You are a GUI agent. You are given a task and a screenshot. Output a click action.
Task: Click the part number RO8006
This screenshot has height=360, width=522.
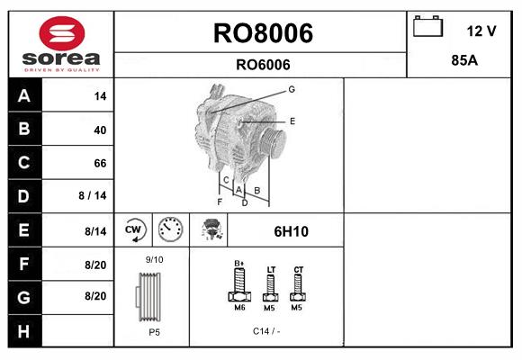(x=262, y=33)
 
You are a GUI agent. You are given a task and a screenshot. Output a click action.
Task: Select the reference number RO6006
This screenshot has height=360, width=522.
(x=262, y=64)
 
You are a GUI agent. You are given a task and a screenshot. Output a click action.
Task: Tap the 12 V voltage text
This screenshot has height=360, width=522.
(x=481, y=31)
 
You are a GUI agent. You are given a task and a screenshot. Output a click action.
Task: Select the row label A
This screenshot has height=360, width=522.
(x=24, y=96)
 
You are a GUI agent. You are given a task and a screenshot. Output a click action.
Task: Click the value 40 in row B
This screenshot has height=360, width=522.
(x=99, y=130)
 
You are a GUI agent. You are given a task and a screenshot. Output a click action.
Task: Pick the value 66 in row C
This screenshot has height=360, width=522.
(x=99, y=163)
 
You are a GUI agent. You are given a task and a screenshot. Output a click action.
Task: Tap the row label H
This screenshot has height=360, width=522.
(x=24, y=330)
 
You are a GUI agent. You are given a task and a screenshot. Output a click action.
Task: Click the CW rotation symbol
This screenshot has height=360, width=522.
(x=135, y=230)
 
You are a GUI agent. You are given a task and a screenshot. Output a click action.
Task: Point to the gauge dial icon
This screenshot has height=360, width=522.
(x=169, y=230)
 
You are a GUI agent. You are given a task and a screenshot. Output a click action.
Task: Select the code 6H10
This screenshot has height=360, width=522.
(x=291, y=231)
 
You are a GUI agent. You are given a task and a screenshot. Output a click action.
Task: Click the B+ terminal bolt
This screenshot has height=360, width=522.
(x=239, y=286)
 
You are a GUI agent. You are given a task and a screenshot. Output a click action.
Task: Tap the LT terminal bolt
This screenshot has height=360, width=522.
(x=270, y=288)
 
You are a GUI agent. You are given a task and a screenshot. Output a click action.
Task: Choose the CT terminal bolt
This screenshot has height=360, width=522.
(x=299, y=286)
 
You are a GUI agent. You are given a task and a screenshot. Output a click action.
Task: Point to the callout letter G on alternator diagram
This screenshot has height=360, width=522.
(x=292, y=89)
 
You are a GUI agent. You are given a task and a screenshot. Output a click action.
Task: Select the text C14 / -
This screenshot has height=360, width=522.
(x=267, y=331)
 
